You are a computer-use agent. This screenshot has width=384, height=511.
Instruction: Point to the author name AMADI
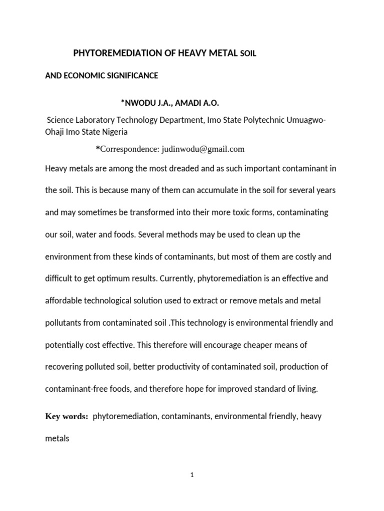tap(186, 103)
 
